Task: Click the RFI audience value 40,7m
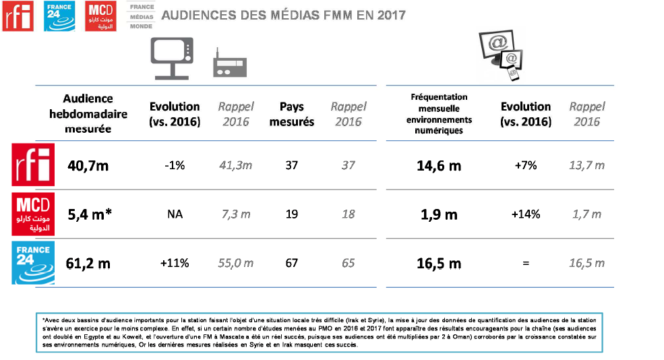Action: pyautogui.click(x=88, y=166)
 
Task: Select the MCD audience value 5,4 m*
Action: pyautogui.click(x=90, y=214)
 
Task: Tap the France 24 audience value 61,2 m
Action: pyautogui.click(x=88, y=263)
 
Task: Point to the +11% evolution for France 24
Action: pyautogui.click(x=174, y=263)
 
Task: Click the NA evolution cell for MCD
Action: pyautogui.click(x=175, y=214)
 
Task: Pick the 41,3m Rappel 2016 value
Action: pyautogui.click(x=235, y=166)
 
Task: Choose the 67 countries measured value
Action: pyautogui.click(x=291, y=263)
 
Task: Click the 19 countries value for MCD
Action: pyautogui.click(x=291, y=214)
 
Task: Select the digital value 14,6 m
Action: pyautogui.click(x=438, y=166)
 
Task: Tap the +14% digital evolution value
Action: pyautogui.click(x=526, y=214)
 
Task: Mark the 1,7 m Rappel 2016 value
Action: pyautogui.click(x=586, y=214)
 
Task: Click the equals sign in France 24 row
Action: pyautogui.click(x=526, y=263)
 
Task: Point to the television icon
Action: pyautogui.click(x=171, y=57)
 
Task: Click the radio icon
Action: pyautogui.click(x=230, y=64)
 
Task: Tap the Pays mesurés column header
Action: pyautogui.click(x=291, y=114)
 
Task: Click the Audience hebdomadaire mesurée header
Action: pyautogui.click(x=88, y=113)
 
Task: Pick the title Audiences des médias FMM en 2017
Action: pyautogui.click(x=284, y=14)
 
